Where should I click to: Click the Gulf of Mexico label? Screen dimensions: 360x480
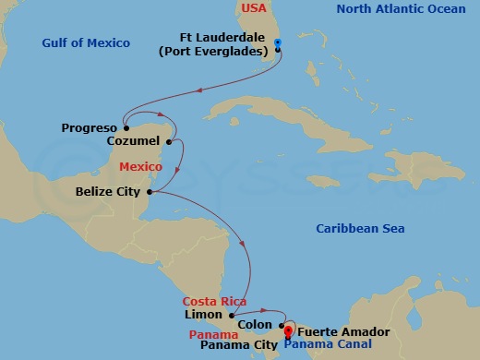pyautogui.click(x=86, y=43)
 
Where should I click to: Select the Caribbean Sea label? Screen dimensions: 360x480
pyautogui.click(x=360, y=229)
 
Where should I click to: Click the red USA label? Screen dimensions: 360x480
pyautogui.click(x=254, y=8)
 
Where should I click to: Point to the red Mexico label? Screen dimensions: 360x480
pyautogui.click(x=141, y=166)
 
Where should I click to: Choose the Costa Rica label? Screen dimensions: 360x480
pyautogui.click(x=213, y=302)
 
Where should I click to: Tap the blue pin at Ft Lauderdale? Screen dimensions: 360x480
pyautogui.click(x=278, y=42)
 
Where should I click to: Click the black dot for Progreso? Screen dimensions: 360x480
pyautogui.click(x=123, y=127)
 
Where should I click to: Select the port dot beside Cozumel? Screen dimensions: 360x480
pyautogui.click(x=169, y=142)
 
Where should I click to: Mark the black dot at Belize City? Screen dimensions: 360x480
pyautogui.click(x=149, y=192)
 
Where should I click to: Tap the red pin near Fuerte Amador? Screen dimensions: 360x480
pyautogui.click(x=288, y=330)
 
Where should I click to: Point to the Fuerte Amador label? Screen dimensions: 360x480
pyautogui.click(x=337, y=331)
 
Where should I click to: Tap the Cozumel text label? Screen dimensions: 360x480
pyautogui.click(x=135, y=142)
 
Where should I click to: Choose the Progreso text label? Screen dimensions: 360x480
pyautogui.click(x=89, y=127)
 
